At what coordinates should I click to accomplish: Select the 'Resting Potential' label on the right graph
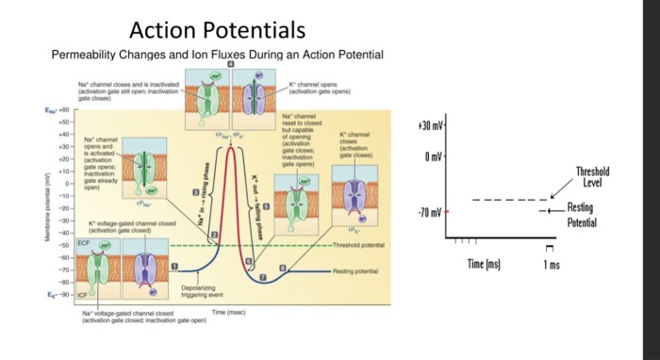coord(582,218)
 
